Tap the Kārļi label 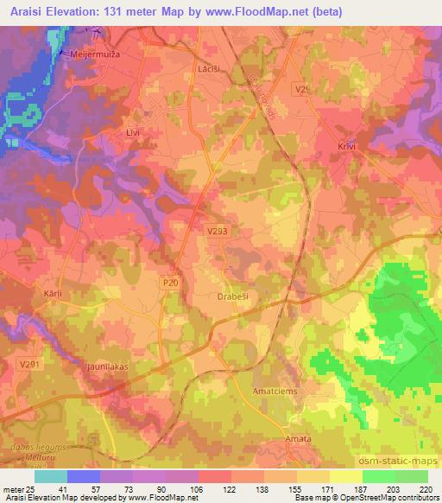click(53, 294)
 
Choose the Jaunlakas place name click(106, 366)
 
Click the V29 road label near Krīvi click(301, 89)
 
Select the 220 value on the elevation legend click(426, 488)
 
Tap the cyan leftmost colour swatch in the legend click(51, 476)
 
